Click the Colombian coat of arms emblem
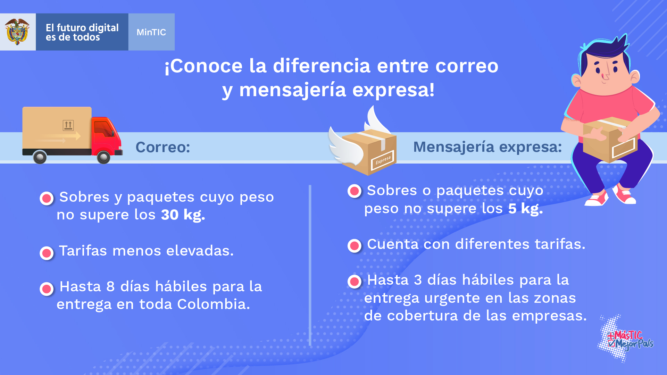17,32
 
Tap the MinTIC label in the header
151,32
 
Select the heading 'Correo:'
163,147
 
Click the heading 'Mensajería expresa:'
487,147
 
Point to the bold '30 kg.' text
183,215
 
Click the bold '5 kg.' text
525,209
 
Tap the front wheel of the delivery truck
103,157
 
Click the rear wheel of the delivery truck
40,157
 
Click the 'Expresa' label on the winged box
383,160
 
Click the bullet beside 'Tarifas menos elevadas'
47,253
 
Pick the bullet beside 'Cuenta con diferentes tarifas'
355,246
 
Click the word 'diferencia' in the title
322,66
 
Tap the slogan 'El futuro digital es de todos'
82,32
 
